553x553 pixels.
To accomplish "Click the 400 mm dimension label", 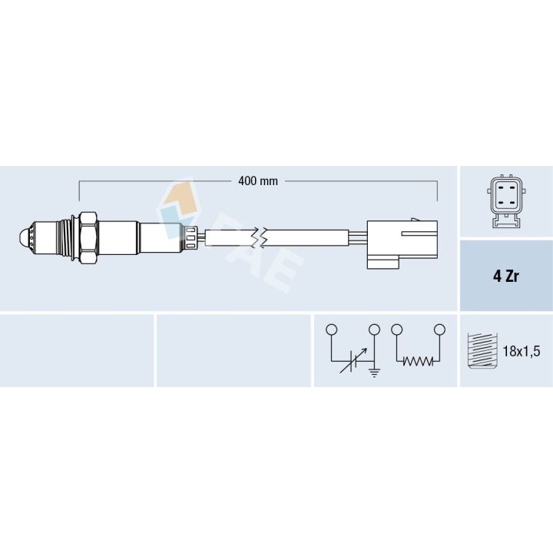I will pos(257,181).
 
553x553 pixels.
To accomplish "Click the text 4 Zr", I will pos(505,276).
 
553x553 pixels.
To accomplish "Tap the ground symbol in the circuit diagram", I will pos(375,373).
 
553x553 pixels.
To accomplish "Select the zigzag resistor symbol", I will pos(418,362).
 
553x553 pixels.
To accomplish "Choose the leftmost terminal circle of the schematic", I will pos(331,329).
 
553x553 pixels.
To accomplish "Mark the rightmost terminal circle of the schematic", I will pos(440,329).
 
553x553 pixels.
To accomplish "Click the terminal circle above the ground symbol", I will pos(375,329).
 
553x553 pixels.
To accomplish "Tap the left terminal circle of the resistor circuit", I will pos(396,329).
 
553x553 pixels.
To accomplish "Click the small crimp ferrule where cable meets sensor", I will pos(191,237).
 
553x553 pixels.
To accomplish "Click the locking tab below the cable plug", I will pos(382,263).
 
